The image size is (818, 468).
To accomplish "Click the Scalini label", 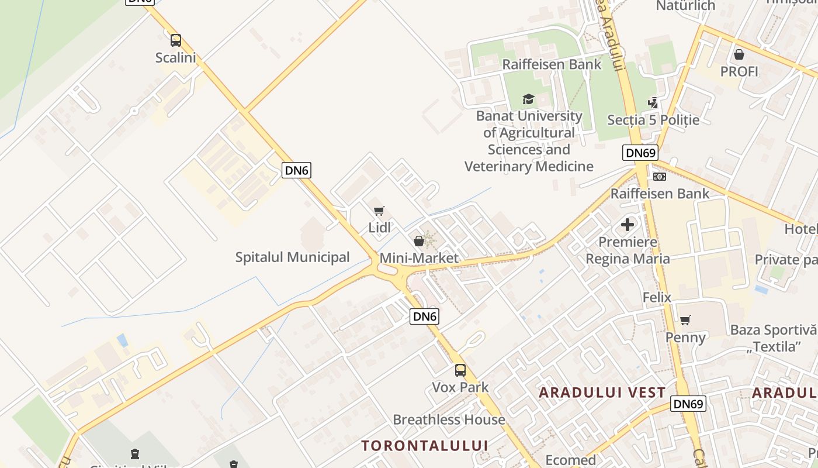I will tap(175, 57).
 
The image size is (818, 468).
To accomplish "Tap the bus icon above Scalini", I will tap(175, 40).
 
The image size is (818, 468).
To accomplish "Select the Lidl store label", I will tap(379, 228).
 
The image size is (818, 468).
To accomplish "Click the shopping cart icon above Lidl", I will tap(379, 211).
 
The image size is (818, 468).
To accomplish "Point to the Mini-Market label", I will tap(419, 258).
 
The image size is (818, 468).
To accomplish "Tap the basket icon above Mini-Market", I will tap(418, 241).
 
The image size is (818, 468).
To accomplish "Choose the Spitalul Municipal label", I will tap(292, 257).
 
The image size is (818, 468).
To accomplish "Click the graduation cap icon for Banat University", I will tap(528, 99).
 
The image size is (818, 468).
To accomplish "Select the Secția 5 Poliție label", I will tap(653, 120).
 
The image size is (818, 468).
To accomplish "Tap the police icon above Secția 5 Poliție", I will tap(653, 103).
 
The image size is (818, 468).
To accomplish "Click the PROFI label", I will tap(739, 71).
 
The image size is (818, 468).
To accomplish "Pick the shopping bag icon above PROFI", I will tap(739, 54).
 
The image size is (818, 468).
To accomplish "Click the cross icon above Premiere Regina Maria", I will tap(628, 225).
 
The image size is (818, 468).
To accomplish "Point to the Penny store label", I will tap(685, 337).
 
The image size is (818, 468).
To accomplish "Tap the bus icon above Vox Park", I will tap(460, 370).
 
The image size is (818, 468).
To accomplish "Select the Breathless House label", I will tap(449, 419).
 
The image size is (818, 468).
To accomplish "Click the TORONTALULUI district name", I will tap(424, 445).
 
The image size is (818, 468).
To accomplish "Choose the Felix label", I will tap(657, 297).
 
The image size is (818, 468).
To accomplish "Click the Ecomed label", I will tap(570, 460).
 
